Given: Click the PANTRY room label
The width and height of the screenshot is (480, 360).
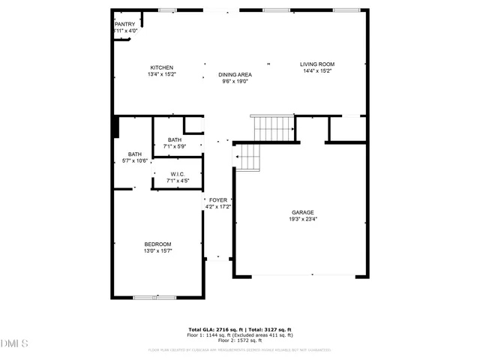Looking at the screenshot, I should [124, 24].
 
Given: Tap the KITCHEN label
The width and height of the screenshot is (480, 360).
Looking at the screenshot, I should [162, 67].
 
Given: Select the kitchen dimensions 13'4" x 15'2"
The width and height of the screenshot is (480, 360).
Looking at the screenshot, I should [162, 74].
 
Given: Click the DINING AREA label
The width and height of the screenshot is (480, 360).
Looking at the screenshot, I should [235, 74].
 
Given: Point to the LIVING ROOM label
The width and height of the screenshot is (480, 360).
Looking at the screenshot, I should [317, 64].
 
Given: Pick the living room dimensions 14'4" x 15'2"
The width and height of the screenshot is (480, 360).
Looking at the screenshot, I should [317, 71].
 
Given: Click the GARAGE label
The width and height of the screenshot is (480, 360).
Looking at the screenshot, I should [303, 212].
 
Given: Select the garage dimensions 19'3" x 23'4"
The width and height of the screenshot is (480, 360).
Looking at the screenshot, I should [303, 219].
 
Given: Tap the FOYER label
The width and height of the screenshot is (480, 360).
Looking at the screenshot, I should [218, 200].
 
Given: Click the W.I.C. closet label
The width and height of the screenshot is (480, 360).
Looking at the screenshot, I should [178, 174].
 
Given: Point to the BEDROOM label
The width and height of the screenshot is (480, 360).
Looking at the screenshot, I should [157, 244].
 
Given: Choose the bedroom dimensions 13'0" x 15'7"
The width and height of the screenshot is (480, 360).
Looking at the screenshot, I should [157, 250].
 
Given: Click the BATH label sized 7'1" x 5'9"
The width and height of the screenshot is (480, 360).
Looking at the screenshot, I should [175, 139].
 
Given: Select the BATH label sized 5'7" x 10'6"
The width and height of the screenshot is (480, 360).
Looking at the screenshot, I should [134, 154].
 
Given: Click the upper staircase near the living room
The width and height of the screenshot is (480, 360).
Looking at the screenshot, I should [272, 128].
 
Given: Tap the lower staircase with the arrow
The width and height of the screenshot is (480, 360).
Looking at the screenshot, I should [247, 157].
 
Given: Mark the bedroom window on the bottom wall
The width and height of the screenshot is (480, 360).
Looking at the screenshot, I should [154, 298].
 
